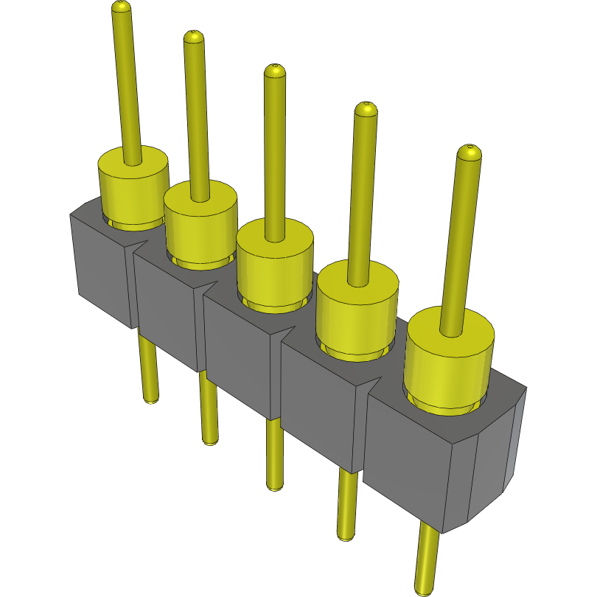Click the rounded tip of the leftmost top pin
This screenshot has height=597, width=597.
122,7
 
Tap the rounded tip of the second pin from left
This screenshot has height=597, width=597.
193,36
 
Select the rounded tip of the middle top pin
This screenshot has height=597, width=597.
274,71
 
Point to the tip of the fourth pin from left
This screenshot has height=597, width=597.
366,109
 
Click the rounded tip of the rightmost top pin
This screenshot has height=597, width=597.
469,152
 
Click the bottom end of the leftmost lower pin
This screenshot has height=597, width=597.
150,400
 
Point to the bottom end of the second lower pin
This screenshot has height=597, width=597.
210,441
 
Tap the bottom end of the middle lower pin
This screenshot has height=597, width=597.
274,486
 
